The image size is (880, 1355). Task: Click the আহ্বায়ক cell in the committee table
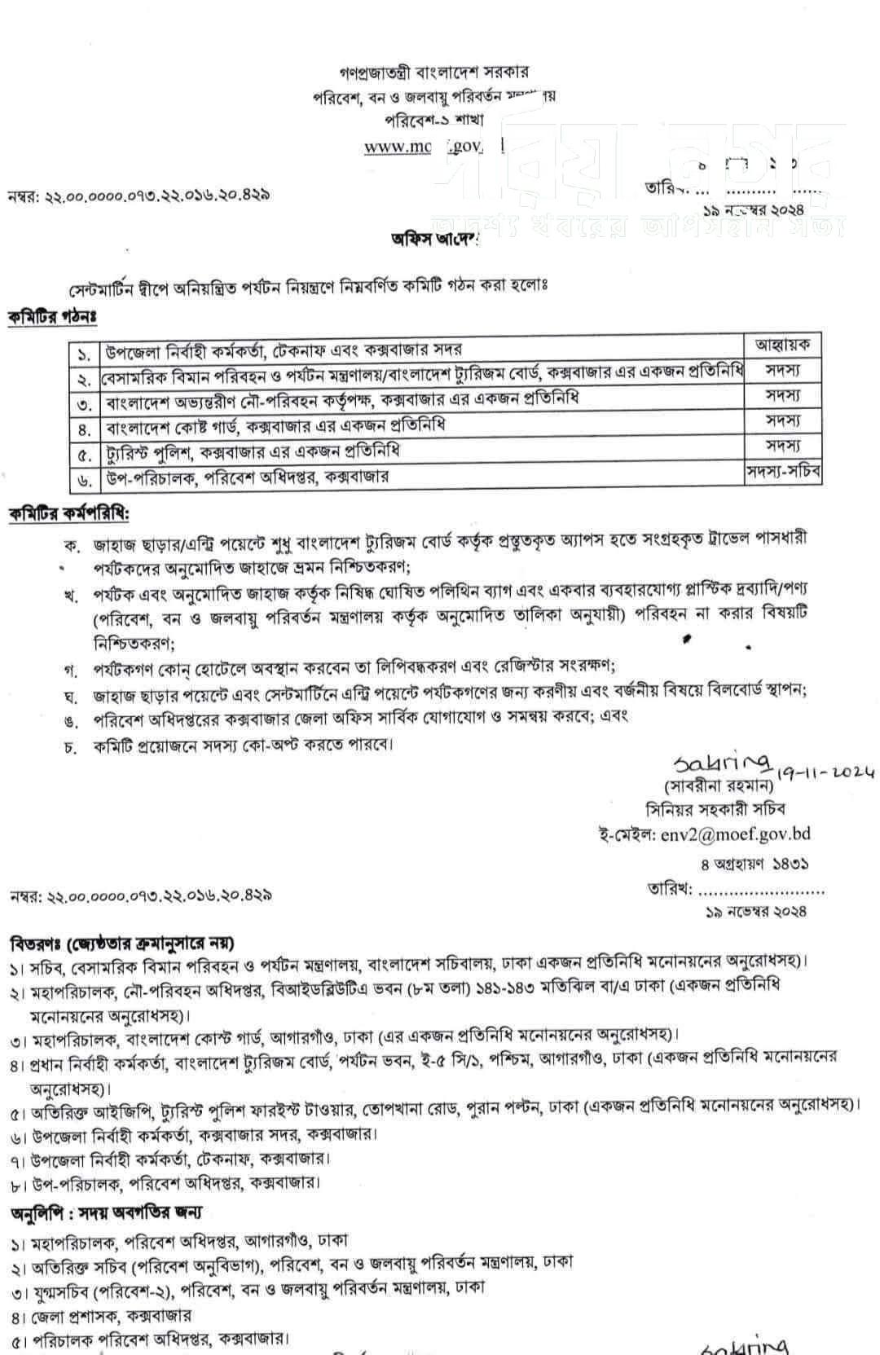783,345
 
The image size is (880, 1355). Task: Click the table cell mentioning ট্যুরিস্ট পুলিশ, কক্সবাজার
422,451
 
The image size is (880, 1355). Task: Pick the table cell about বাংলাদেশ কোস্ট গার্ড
422,425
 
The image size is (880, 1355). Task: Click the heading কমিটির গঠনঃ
52,317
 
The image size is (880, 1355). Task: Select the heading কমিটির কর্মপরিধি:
68,514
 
